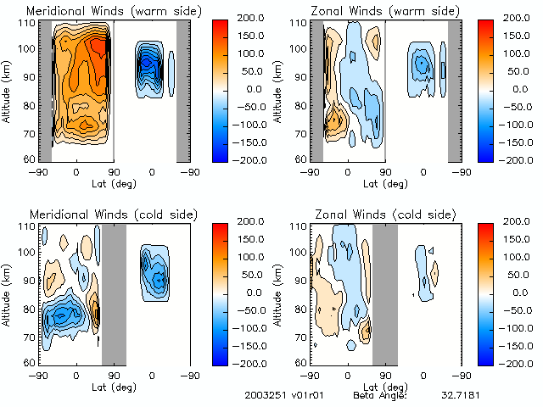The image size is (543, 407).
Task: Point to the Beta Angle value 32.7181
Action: [x=459, y=396]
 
